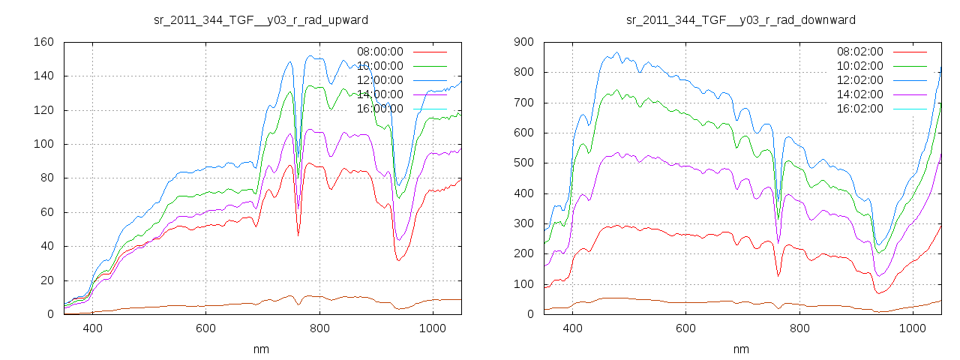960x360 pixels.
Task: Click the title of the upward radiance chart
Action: click(261, 19)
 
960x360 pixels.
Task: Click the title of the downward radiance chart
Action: click(741, 19)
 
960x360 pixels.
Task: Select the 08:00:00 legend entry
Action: click(380, 52)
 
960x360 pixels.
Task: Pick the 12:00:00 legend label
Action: click(380, 80)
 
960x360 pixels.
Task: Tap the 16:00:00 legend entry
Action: click(380, 109)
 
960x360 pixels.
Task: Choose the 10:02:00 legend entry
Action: click(860, 66)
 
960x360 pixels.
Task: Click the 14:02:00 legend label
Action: click(860, 94)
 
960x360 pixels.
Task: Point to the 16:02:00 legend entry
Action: click(860, 109)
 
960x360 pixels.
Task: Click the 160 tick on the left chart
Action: click(43, 42)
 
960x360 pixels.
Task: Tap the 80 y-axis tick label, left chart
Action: click(46, 178)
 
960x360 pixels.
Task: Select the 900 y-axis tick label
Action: click(523, 42)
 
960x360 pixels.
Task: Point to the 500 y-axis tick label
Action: click(523, 163)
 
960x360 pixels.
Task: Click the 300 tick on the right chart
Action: click(523, 224)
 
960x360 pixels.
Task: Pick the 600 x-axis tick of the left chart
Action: click(205, 328)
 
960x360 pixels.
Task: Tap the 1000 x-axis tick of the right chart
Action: click(912, 328)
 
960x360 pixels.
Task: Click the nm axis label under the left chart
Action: click(261, 349)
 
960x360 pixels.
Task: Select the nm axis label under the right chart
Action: click(741, 349)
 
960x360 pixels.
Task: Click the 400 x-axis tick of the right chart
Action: click(573, 328)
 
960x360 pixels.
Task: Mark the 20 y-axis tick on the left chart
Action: click(46, 280)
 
